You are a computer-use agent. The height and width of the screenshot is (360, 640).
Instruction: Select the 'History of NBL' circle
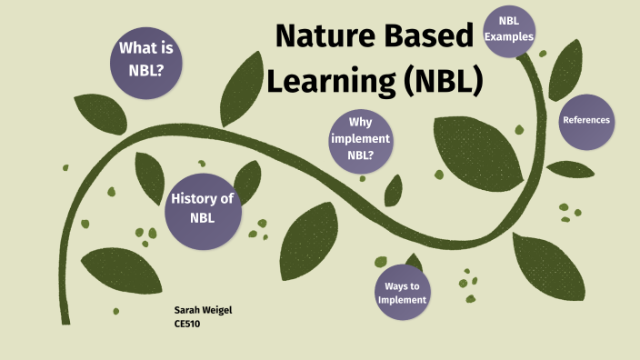tap(202, 208)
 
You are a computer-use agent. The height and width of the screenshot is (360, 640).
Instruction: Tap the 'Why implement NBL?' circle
tap(361, 139)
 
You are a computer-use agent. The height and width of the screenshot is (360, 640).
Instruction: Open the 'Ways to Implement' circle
tap(402, 291)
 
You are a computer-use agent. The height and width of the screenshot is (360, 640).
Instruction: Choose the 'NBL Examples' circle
tap(509, 29)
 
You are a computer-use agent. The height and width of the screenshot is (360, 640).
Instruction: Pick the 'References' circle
tap(585, 120)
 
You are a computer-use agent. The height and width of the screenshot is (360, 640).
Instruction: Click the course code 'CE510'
tap(186, 323)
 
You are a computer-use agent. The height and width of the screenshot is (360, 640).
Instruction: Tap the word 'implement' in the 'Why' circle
tap(361, 139)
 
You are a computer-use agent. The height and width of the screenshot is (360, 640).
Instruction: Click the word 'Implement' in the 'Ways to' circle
tap(402, 299)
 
